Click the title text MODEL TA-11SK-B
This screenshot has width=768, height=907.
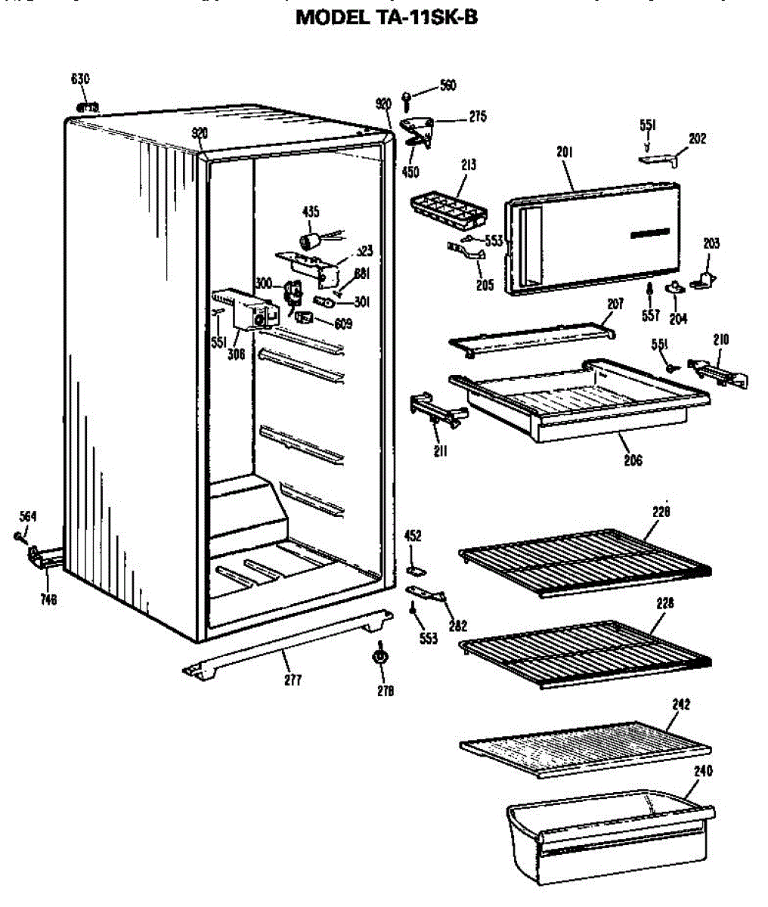tap(386, 17)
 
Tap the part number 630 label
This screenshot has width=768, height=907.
tap(80, 79)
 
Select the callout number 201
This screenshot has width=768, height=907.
tap(565, 153)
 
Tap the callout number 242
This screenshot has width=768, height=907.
tap(681, 704)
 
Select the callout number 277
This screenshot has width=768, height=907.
tap(293, 680)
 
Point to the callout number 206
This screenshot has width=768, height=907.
tap(633, 460)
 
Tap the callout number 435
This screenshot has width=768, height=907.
tap(311, 212)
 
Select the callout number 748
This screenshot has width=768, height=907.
tap(49, 601)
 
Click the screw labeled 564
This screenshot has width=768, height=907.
tap(17, 537)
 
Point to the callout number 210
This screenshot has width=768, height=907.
tap(720, 340)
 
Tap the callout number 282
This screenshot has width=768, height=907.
tap(458, 626)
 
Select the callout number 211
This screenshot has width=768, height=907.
tap(441, 452)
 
